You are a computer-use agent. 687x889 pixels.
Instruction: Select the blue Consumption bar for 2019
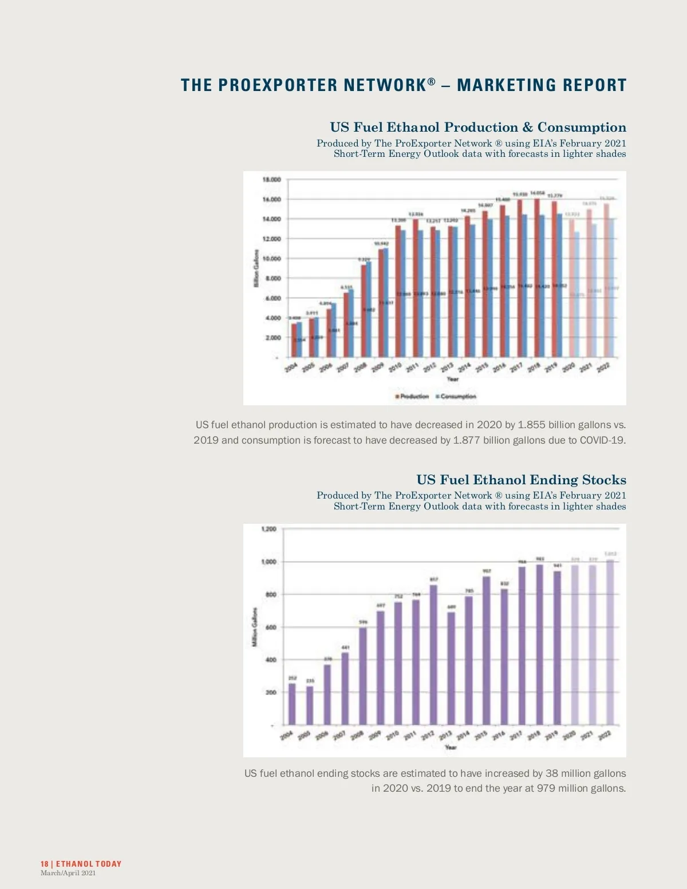(559, 286)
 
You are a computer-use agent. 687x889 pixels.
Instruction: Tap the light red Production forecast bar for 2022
(606, 280)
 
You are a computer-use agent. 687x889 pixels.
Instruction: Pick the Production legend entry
(412, 396)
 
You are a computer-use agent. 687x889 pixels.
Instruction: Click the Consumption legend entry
(456, 396)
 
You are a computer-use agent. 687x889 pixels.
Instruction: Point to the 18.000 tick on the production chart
(272, 180)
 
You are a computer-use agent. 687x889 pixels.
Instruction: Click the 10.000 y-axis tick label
(272, 259)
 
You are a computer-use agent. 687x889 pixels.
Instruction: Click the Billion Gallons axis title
(256, 268)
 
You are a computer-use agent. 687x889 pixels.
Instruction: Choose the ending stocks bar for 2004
(292, 704)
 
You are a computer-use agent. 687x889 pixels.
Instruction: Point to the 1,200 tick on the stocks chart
(269, 529)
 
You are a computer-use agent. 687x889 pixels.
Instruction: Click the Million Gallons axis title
(255, 627)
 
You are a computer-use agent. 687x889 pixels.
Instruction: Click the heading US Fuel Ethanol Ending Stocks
(521, 480)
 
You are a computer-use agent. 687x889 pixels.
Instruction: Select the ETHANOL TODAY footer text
(89, 864)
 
